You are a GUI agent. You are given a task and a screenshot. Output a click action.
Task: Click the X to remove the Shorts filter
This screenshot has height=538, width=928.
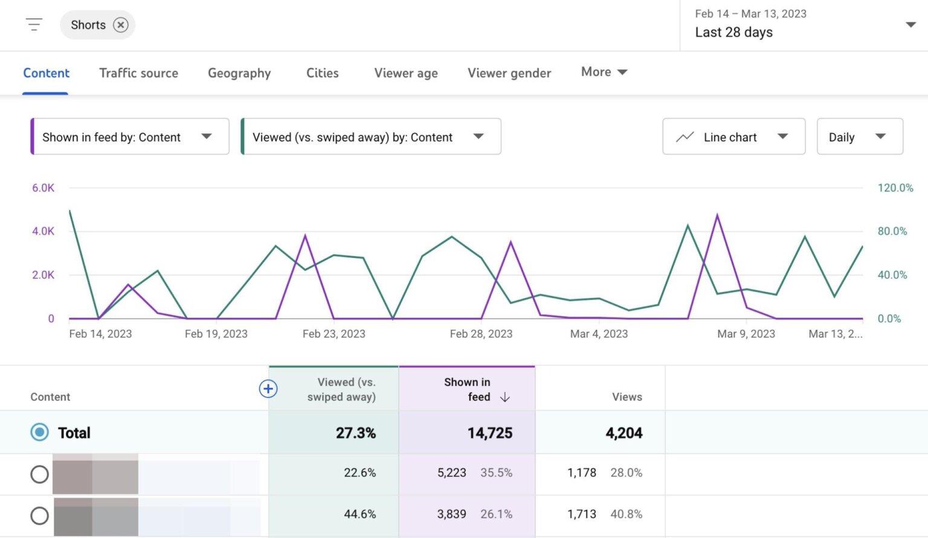click(121, 25)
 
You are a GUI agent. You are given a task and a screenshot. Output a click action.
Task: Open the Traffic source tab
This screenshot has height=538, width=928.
click(138, 73)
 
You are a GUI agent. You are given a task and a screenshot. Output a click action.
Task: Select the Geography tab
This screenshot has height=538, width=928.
click(239, 73)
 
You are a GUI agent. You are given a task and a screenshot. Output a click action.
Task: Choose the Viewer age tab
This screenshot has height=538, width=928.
click(405, 73)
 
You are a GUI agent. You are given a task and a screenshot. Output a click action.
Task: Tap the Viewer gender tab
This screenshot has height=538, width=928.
click(509, 73)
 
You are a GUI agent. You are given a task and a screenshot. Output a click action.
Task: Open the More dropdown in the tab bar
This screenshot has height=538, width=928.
click(604, 72)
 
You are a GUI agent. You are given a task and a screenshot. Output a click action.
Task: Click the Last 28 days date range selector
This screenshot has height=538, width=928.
click(804, 25)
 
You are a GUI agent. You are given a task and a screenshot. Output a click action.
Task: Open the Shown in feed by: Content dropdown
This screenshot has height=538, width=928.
click(129, 137)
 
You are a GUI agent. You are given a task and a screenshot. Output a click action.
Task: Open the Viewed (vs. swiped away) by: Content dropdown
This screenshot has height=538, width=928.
click(370, 137)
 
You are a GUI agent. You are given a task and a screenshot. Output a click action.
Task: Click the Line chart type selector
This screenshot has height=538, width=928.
click(733, 137)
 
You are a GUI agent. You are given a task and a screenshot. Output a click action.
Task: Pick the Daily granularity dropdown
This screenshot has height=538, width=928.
click(859, 137)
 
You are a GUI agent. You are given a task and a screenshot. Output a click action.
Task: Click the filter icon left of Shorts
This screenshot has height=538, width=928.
click(34, 25)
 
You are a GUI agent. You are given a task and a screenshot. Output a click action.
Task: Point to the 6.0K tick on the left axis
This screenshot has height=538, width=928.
click(43, 188)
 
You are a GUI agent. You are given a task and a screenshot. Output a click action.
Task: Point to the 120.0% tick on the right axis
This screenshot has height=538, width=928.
click(895, 188)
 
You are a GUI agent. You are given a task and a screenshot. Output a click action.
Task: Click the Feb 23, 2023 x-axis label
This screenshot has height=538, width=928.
click(333, 334)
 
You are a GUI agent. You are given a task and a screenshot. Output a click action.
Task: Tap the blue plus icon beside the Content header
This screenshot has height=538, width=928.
click(268, 389)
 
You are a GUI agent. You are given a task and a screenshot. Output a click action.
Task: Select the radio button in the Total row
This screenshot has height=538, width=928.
click(40, 432)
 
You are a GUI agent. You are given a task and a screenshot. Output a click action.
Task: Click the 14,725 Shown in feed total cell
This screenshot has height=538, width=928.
click(489, 433)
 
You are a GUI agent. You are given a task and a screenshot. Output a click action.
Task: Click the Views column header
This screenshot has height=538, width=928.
click(627, 397)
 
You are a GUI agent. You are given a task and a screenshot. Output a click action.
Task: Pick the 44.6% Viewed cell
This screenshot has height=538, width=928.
click(359, 514)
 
